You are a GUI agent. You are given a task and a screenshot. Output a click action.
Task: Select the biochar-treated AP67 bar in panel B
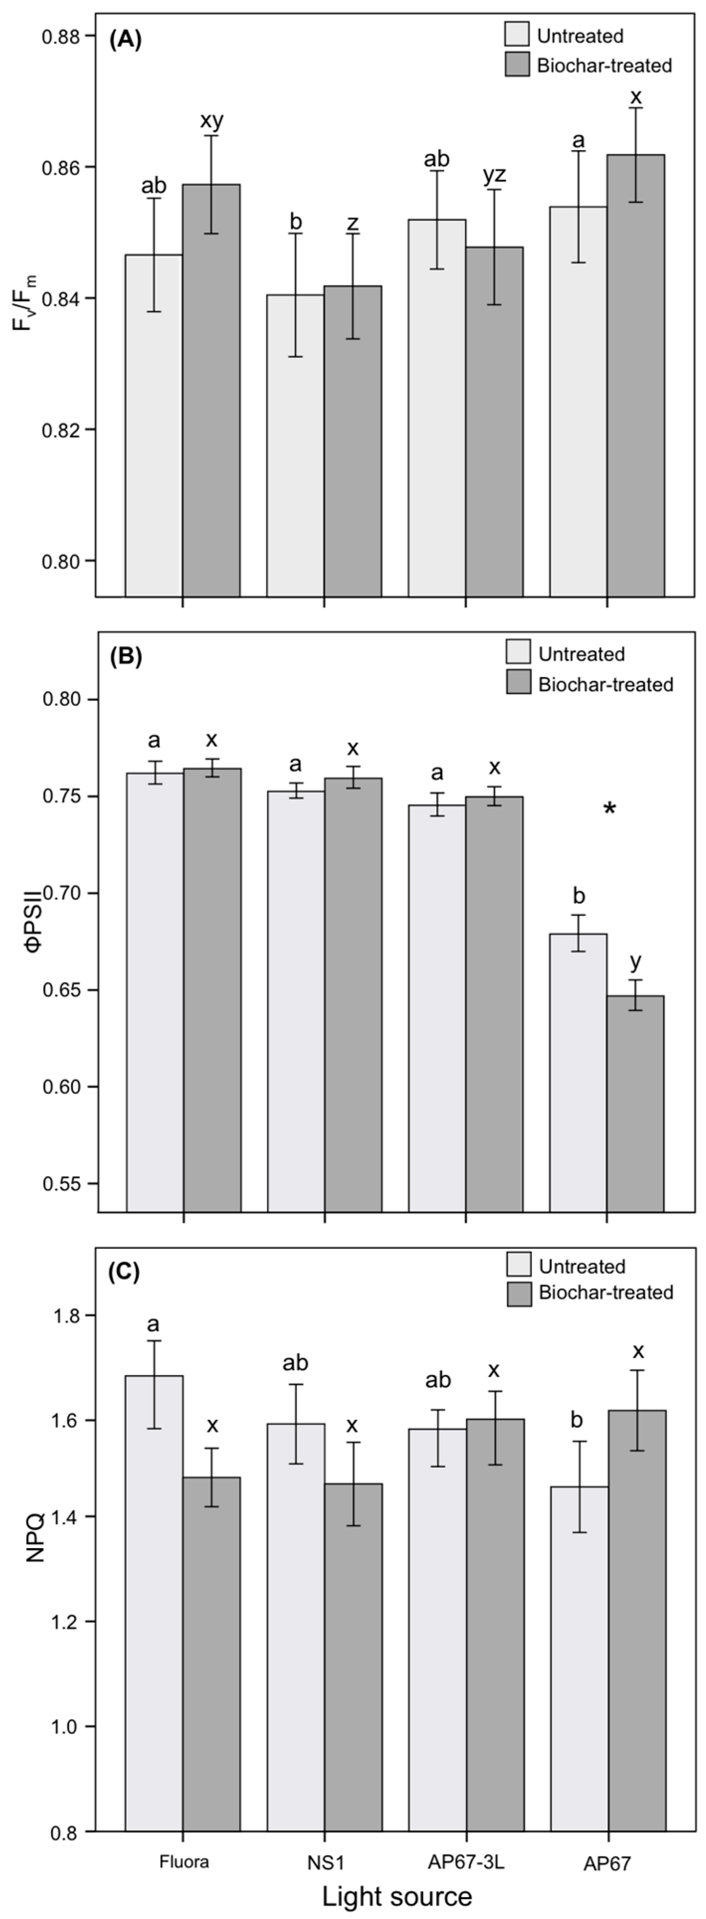tap(635, 1103)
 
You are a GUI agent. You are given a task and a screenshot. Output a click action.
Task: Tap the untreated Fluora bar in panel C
tap(154, 1602)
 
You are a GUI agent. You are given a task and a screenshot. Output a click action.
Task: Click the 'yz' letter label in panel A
tap(494, 175)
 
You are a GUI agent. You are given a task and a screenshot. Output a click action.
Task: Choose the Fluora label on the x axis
tap(184, 1862)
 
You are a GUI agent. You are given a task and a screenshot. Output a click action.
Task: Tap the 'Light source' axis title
tap(397, 1896)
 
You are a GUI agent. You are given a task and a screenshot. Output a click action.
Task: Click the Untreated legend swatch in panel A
tap(516, 35)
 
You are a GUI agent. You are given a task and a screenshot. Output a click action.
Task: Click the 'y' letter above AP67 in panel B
tap(635, 961)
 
